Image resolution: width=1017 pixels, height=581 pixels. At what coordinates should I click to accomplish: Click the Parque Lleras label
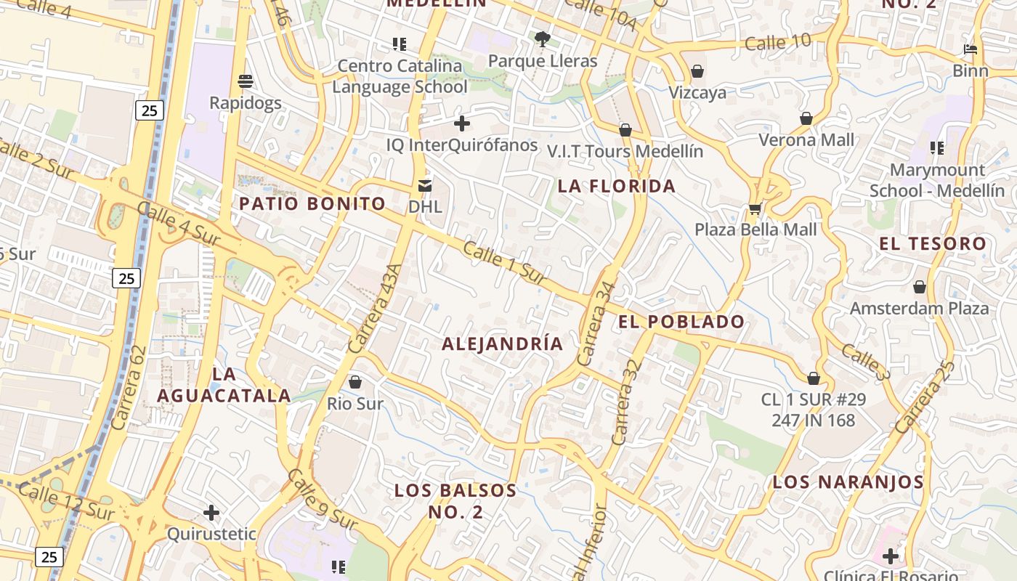[543, 61]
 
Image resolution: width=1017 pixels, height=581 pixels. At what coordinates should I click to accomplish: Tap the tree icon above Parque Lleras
[542, 38]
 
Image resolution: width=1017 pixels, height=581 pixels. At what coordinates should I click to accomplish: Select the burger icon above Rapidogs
[246, 80]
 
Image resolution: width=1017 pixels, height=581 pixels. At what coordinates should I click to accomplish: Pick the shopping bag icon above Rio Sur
[355, 381]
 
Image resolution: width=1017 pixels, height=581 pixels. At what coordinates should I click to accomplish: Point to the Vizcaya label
[697, 93]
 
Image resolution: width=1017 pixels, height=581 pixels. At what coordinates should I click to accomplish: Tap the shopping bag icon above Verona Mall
[806, 118]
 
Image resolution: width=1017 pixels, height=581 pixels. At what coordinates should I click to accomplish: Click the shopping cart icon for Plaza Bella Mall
[755, 210]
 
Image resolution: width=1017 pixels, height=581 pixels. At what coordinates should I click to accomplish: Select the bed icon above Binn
[971, 50]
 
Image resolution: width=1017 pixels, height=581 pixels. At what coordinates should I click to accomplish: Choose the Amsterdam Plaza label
[919, 308]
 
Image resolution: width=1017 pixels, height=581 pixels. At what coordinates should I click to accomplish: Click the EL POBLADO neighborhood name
[681, 322]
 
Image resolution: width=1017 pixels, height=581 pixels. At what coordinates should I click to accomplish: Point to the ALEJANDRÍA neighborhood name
[503, 344]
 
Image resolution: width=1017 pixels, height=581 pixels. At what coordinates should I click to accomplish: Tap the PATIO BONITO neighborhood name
[312, 203]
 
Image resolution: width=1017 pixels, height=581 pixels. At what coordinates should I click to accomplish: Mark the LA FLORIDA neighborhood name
[617, 186]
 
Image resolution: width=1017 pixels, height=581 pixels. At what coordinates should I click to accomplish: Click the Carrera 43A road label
[375, 309]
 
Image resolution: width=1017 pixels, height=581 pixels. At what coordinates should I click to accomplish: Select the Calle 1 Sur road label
[504, 263]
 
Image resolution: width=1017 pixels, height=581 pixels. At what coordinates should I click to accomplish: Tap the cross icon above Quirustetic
[211, 513]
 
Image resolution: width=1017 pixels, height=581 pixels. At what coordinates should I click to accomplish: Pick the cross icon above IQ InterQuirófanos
[461, 123]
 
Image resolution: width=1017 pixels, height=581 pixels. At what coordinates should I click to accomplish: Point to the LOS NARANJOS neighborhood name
[848, 482]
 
